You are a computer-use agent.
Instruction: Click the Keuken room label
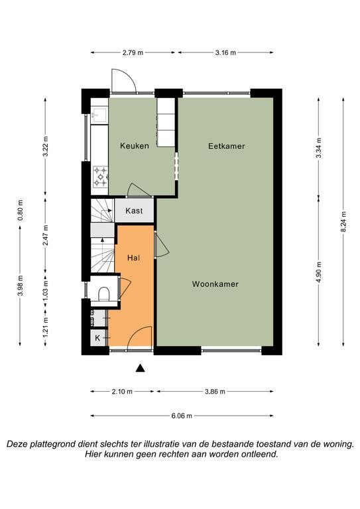(135, 146)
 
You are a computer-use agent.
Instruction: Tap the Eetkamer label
(227, 146)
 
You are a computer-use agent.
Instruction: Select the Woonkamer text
(215, 284)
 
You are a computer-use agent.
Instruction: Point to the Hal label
(134, 258)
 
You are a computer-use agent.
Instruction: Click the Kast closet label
(134, 211)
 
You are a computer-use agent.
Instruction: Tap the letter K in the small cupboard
(97, 338)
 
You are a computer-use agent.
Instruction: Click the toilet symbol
(104, 294)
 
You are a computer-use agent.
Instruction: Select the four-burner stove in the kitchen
(100, 177)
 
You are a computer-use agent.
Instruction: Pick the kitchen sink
(99, 115)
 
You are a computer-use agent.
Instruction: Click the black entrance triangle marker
(141, 368)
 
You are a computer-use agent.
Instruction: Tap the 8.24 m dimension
(344, 221)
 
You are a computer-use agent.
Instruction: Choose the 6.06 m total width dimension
(182, 416)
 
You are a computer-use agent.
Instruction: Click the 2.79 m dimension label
(133, 52)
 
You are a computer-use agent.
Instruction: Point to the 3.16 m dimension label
(225, 52)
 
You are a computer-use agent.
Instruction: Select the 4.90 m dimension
(319, 272)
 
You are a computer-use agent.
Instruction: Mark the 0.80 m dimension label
(20, 209)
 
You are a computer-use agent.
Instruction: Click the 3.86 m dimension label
(215, 392)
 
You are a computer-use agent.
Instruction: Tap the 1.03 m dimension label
(45, 291)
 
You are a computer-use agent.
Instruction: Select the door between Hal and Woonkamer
(160, 245)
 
